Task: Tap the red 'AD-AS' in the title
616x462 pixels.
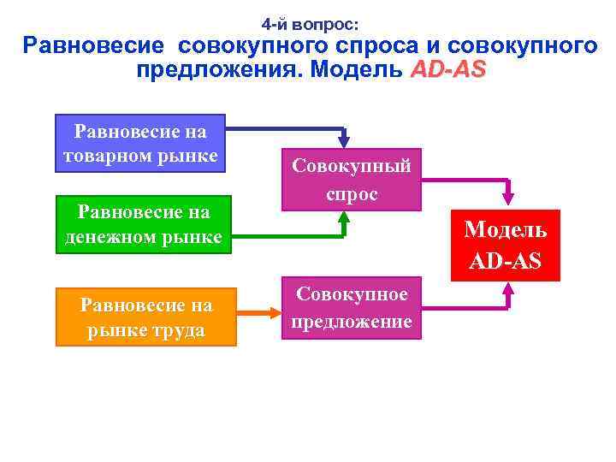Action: tap(447, 69)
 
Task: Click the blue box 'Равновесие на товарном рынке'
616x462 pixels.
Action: tap(140, 144)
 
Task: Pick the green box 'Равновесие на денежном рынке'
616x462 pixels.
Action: tap(144, 224)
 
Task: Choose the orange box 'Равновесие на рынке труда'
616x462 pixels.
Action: tap(145, 317)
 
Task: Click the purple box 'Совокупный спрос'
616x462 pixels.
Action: tap(352, 180)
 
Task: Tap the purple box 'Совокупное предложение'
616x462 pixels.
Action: tap(352, 308)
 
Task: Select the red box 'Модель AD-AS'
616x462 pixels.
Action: tap(505, 244)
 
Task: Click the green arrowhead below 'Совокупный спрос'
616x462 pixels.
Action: tap(344, 217)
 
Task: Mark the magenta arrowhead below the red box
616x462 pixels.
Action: tap(508, 291)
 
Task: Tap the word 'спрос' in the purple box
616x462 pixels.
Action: tap(352, 193)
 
